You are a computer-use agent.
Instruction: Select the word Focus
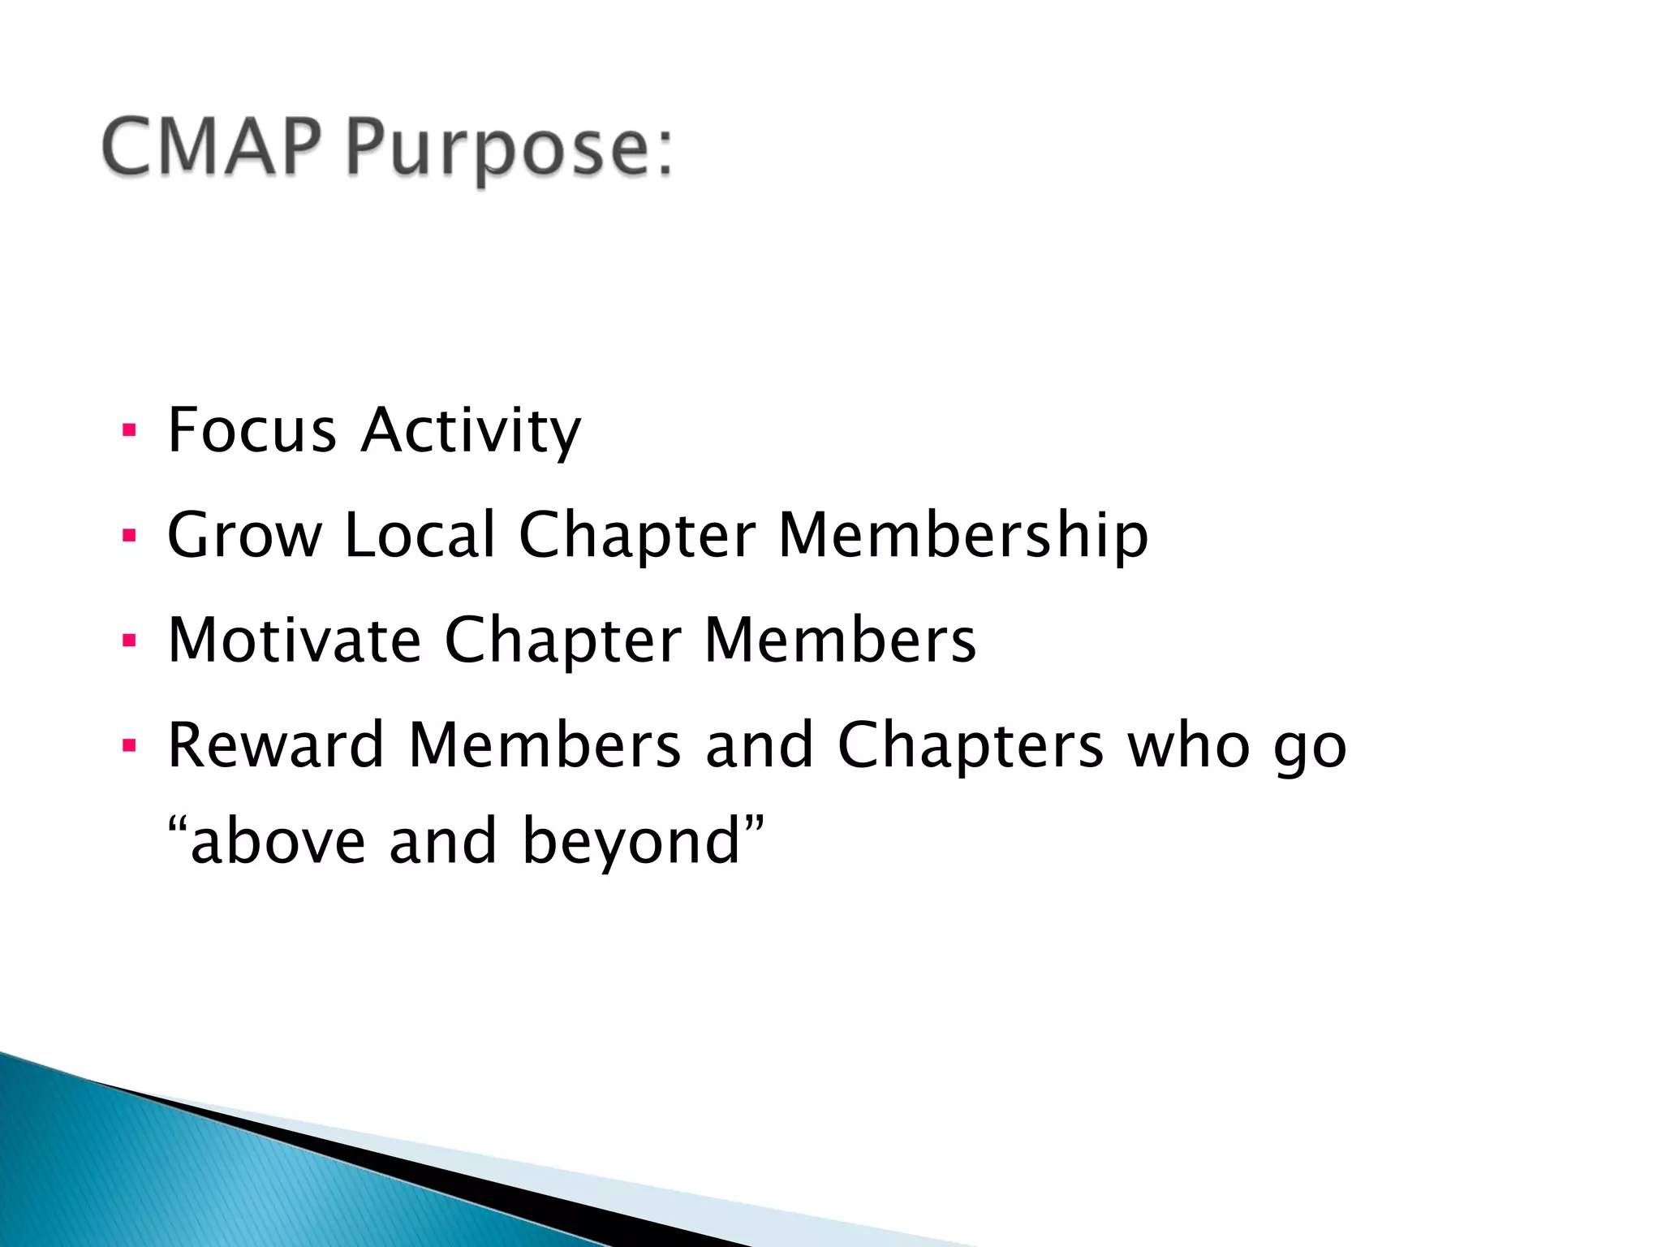coord(252,429)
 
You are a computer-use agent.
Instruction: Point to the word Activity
coord(471,431)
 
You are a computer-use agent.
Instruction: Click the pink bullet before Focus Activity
coord(128,430)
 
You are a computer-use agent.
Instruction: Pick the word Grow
coord(244,535)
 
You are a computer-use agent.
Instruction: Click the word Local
coord(420,535)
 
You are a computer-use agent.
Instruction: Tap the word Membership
coord(963,536)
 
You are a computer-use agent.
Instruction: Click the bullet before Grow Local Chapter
coord(128,536)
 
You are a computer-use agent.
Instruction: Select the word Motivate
coord(295,641)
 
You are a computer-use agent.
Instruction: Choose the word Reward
coord(275,745)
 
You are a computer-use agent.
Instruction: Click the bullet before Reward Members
coord(128,745)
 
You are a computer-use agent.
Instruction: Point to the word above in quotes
coord(278,842)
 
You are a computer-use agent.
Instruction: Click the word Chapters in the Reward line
coord(970,745)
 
